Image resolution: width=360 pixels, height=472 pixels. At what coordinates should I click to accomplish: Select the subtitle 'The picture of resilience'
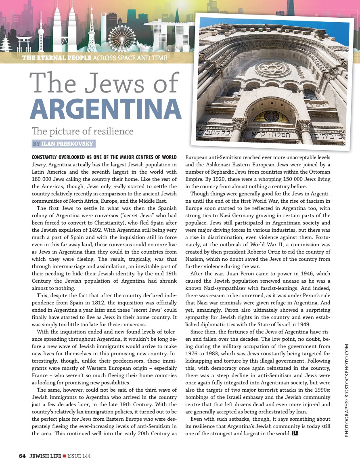[82, 131]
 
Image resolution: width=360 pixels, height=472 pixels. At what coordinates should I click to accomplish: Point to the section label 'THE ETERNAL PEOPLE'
[57, 58]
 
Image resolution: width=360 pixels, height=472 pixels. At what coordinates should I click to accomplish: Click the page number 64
[22, 456]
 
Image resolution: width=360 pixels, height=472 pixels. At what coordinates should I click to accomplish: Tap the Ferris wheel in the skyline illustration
[121, 37]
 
